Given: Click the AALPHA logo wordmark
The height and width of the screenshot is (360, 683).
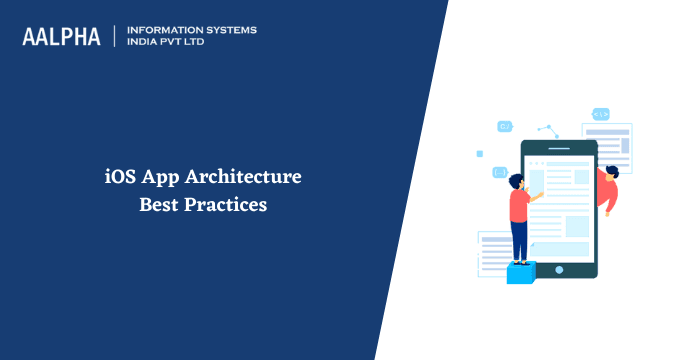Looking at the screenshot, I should pyautogui.click(x=61, y=37).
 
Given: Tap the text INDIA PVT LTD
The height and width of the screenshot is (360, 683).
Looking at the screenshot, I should pyautogui.click(x=170, y=43).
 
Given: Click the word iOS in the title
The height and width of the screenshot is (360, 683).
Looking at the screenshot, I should pyautogui.click(x=122, y=178).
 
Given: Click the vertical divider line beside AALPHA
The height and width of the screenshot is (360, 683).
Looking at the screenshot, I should pyautogui.click(x=115, y=37).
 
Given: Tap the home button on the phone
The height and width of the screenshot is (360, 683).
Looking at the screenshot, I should pyautogui.click(x=559, y=269).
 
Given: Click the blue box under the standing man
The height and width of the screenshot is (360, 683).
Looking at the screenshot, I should pyautogui.click(x=520, y=272).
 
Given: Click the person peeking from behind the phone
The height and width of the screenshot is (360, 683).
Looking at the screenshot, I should pyautogui.click(x=608, y=187).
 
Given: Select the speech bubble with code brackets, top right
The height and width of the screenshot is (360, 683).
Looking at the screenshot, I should pyautogui.click(x=601, y=114).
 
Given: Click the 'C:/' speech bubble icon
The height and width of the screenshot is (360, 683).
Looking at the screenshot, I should pyautogui.click(x=505, y=127).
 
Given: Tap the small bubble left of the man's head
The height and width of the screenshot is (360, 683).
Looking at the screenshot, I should pyautogui.click(x=499, y=172).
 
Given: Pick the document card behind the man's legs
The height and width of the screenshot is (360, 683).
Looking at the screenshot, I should pyautogui.click(x=496, y=250).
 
